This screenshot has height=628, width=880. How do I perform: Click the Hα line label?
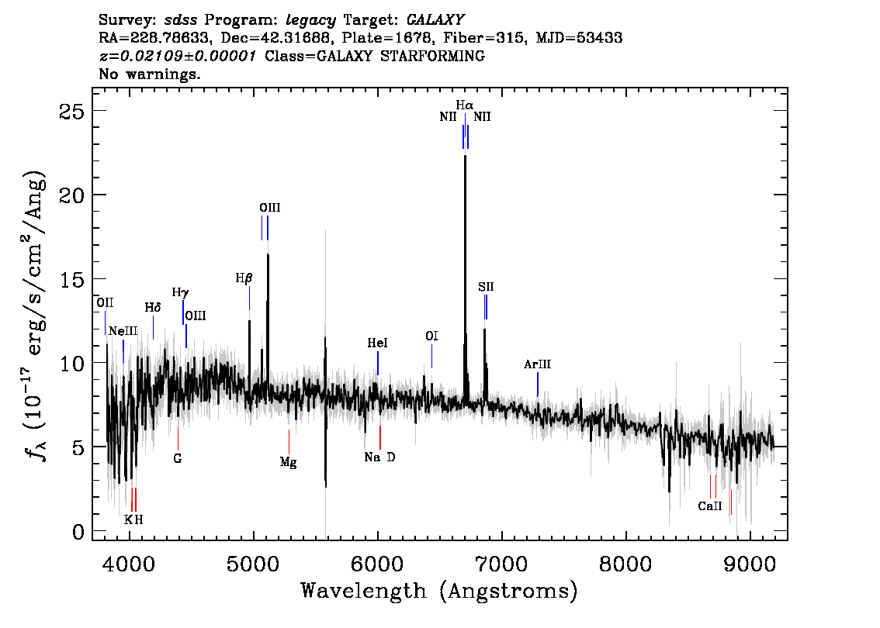coord(464,105)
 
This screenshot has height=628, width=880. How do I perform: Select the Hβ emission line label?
coord(244,278)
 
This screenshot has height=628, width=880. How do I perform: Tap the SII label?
coord(486,287)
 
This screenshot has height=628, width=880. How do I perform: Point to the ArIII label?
coord(537,364)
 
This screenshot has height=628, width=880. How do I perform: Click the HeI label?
coord(377,343)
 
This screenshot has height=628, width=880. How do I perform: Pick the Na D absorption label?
coord(379,457)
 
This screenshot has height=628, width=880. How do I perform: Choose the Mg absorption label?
coord(289,462)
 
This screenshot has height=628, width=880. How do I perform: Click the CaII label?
coord(710,506)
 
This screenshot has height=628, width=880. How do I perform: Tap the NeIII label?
coord(123,331)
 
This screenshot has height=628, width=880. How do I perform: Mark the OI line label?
coord(431,336)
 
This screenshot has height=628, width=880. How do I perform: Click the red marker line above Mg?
coord(289,442)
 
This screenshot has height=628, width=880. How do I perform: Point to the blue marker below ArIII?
coord(537,385)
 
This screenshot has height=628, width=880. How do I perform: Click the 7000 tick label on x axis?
coord(501,561)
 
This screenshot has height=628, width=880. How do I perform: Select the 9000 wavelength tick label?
coord(750,561)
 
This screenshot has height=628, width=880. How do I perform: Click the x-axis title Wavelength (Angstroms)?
coord(439,591)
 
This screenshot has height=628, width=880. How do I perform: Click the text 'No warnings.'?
coord(150,75)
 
